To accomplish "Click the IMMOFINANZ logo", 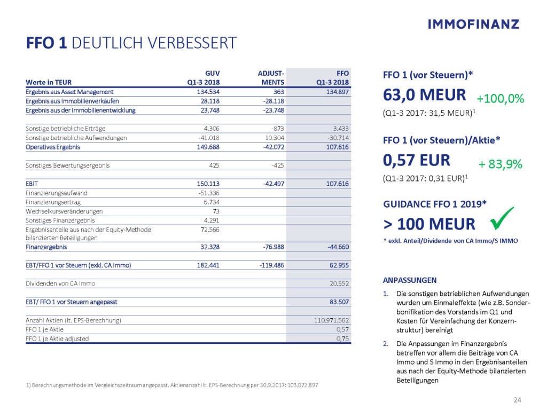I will (473, 24).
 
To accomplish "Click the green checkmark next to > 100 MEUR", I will (501, 219).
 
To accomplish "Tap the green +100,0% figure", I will (501, 99).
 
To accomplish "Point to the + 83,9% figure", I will (500, 164).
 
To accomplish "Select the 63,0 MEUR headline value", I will (425, 96).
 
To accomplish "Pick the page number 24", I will (517, 400).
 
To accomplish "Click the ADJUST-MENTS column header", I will (271, 78).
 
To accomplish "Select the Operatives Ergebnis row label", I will (53, 147).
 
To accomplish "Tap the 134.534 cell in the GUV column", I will (209, 92).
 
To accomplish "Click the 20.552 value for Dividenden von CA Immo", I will (338, 283).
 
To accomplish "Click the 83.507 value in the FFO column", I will (338, 302).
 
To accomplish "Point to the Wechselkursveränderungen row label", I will (57, 211).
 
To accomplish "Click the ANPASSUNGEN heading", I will (410, 280).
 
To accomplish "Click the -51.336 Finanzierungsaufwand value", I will (209, 193).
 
